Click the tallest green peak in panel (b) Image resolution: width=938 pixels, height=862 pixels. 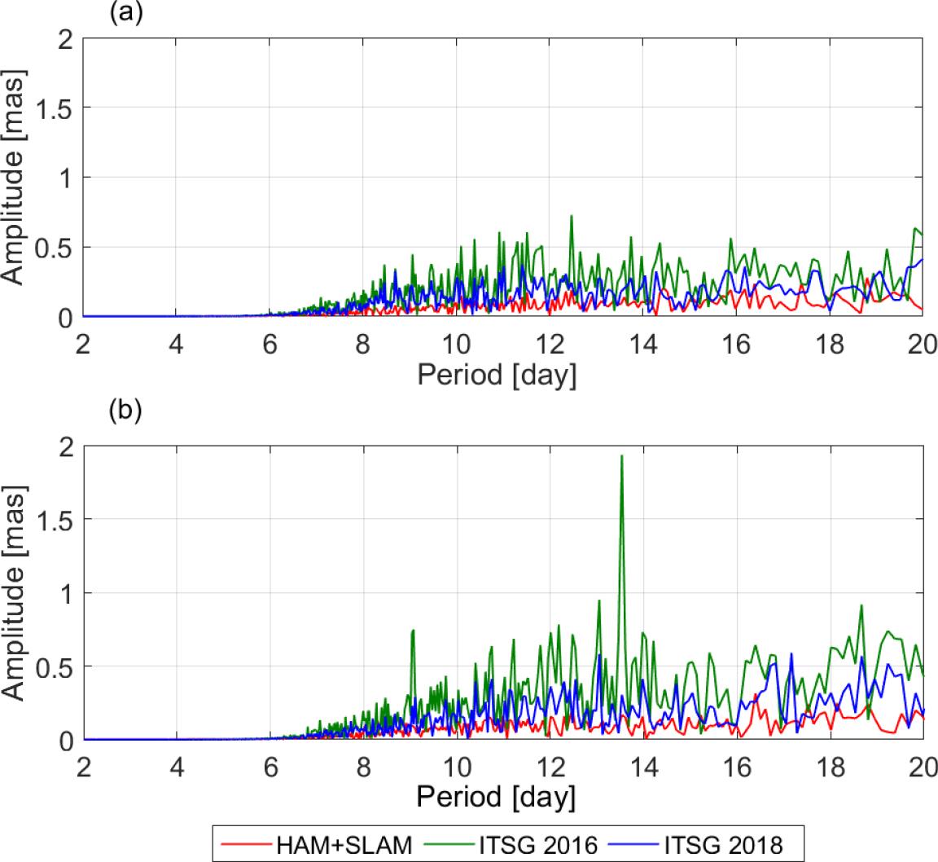[621, 456]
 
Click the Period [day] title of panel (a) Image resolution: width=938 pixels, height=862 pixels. [497, 376]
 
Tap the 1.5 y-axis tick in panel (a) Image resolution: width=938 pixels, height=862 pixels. [54, 108]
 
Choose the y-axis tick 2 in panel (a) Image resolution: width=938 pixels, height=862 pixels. [66, 38]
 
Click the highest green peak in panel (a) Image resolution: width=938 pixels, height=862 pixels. [572, 216]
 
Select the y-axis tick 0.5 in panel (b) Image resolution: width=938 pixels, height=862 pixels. [54, 666]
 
